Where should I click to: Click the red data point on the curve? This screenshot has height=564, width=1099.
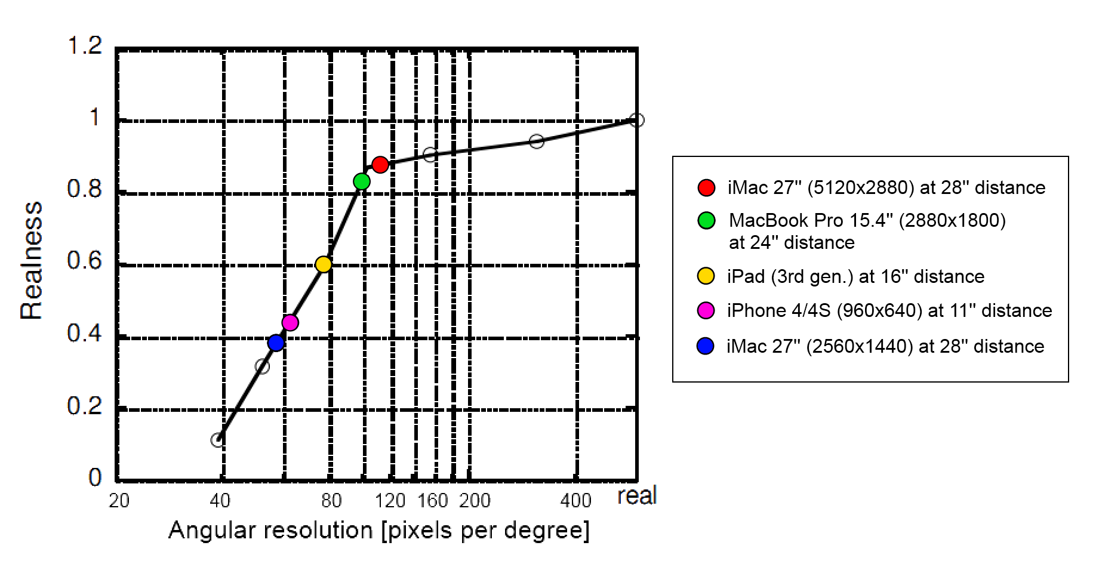(x=380, y=164)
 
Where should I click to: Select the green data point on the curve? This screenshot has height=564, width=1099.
(x=362, y=181)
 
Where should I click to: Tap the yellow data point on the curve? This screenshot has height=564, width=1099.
(x=323, y=264)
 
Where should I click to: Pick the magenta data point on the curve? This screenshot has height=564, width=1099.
(x=290, y=323)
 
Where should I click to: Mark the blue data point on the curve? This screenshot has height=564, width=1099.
(x=276, y=343)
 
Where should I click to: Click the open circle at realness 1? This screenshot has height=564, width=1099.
(x=637, y=120)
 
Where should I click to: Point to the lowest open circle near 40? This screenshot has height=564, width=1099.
(x=217, y=440)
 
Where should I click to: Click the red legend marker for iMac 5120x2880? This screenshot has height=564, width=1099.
(x=706, y=187)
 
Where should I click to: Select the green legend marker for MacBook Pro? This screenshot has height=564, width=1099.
(x=706, y=220)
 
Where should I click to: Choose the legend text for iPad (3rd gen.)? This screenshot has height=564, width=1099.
(x=855, y=276)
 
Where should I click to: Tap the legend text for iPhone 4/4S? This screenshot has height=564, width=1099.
(x=889, y=310)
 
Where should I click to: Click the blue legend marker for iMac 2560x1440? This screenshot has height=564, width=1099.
(x=706, y=346)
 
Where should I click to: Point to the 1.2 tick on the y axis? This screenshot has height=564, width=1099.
(x=85, y=46)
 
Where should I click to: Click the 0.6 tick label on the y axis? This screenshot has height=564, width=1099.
(x=85, y=261)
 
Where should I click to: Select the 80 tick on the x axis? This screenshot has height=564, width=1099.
(x=331, y=500)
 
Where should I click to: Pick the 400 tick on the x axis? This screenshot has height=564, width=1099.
(x=575, y=500)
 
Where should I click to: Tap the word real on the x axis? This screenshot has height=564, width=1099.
(x=637, y=496)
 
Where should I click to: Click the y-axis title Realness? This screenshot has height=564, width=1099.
(x=32, y=260)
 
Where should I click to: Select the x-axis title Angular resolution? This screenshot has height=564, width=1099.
(x=378, y=531)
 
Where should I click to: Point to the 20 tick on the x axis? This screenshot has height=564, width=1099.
(x=119, y=500)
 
